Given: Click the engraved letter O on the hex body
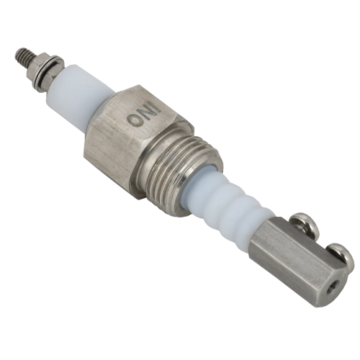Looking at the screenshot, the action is pos(134,120).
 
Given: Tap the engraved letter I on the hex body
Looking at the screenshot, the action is pos(151,105).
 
